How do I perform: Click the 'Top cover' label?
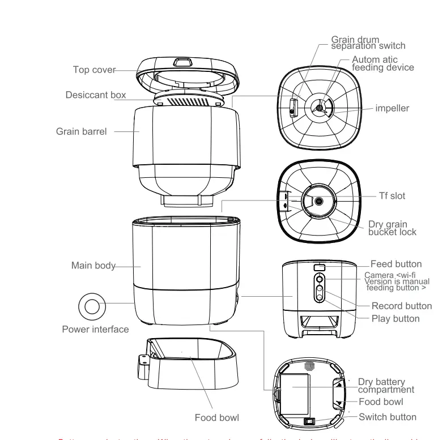(94, 70)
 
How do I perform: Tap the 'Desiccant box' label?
(96, 95)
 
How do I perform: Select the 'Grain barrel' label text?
(81, 131)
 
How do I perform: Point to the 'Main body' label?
(93, 265)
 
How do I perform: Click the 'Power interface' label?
(95, 329)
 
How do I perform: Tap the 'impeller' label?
(392, 108)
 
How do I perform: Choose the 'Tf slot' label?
(392, 196)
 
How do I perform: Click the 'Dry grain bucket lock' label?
(392, 228)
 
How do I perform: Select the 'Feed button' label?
(396, 264)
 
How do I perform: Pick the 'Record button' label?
(402, 306)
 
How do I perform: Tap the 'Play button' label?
(395, 318)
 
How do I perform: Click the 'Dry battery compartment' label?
(386, 386)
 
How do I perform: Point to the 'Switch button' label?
(388, 417)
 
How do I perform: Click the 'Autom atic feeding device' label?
(382, 63)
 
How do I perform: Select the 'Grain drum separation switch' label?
(368, 42)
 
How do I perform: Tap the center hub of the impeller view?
(320, 108)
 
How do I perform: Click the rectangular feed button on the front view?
(319, 267)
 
